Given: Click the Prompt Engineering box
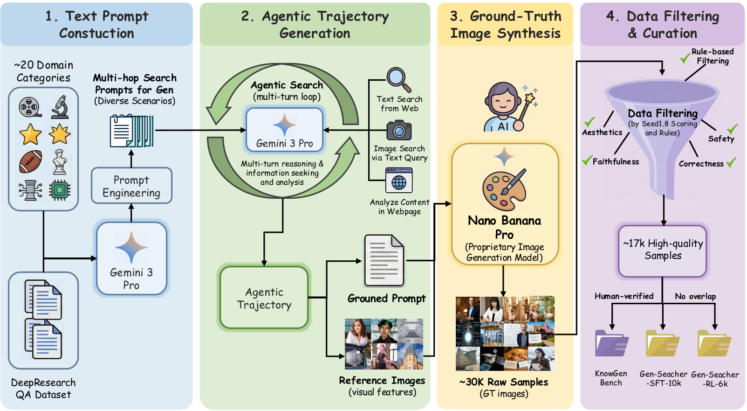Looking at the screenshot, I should click(x=131, y=186).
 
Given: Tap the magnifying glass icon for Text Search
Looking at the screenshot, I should click(x=399, y=80).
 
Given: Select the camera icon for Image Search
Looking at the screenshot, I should click(x=399, y=130).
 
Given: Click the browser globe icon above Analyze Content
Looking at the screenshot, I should click(x=399, y=181).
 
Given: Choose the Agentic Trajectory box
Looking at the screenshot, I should click(x=264, y=298).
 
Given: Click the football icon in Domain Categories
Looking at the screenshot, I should click(x=30, y=161).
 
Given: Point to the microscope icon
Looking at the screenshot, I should click(x=60, y=107).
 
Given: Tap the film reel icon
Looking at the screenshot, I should click(x=30, y=107).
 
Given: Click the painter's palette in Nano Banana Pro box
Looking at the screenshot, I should click(x=504, y=189).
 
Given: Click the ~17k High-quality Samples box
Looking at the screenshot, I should click(x=663, y=251).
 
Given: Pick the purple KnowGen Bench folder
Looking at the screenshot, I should click(x=611, y=344).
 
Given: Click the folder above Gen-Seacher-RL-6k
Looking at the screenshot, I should click(x=714, y=344).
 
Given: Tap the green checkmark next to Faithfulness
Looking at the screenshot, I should click(x=587, y=160).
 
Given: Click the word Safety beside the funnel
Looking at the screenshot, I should click(x=721, y=139).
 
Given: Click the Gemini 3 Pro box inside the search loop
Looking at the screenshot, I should click(x=284, y=130).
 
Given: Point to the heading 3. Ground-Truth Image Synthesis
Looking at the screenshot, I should click(x=505, y=25).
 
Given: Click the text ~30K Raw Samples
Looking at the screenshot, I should click(x=504, y=382).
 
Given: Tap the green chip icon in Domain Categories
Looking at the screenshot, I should click(x=60, y=190).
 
